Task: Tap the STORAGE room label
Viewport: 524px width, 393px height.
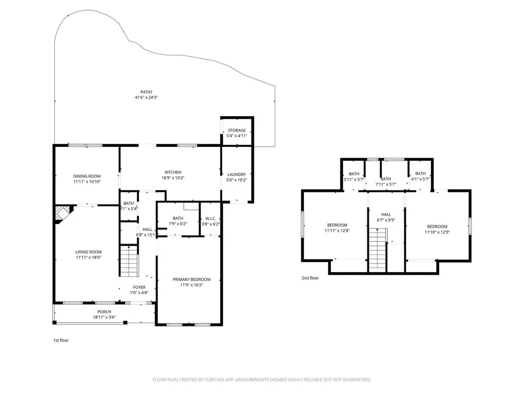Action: [x=236, y=130]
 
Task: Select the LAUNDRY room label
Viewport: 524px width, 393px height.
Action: [x=236, y=174]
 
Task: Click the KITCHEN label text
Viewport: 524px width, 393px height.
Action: [x=173, y=172]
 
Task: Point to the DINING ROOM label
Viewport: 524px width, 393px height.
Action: [x=86, y=176]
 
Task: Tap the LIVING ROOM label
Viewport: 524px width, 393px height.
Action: [x=89, y=252]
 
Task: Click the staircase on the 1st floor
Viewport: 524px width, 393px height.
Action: [x=129, y=261]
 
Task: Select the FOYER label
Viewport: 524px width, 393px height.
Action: [x=139, y=288]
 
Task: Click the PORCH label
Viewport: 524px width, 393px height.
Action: [x=104, y=312]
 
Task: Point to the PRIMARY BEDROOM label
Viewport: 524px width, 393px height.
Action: [x=191, y=279]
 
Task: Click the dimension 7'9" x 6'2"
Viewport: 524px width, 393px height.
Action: [x=178, y=224]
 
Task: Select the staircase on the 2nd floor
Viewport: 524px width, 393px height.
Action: [x=377, y=249]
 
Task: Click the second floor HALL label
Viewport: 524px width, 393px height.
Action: [x=386, y=215]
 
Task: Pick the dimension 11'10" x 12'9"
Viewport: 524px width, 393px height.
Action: [x=437, y=232]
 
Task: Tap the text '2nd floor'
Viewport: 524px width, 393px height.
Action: [x=310, y=278]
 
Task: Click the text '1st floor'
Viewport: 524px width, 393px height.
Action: [x=61, y=340]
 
